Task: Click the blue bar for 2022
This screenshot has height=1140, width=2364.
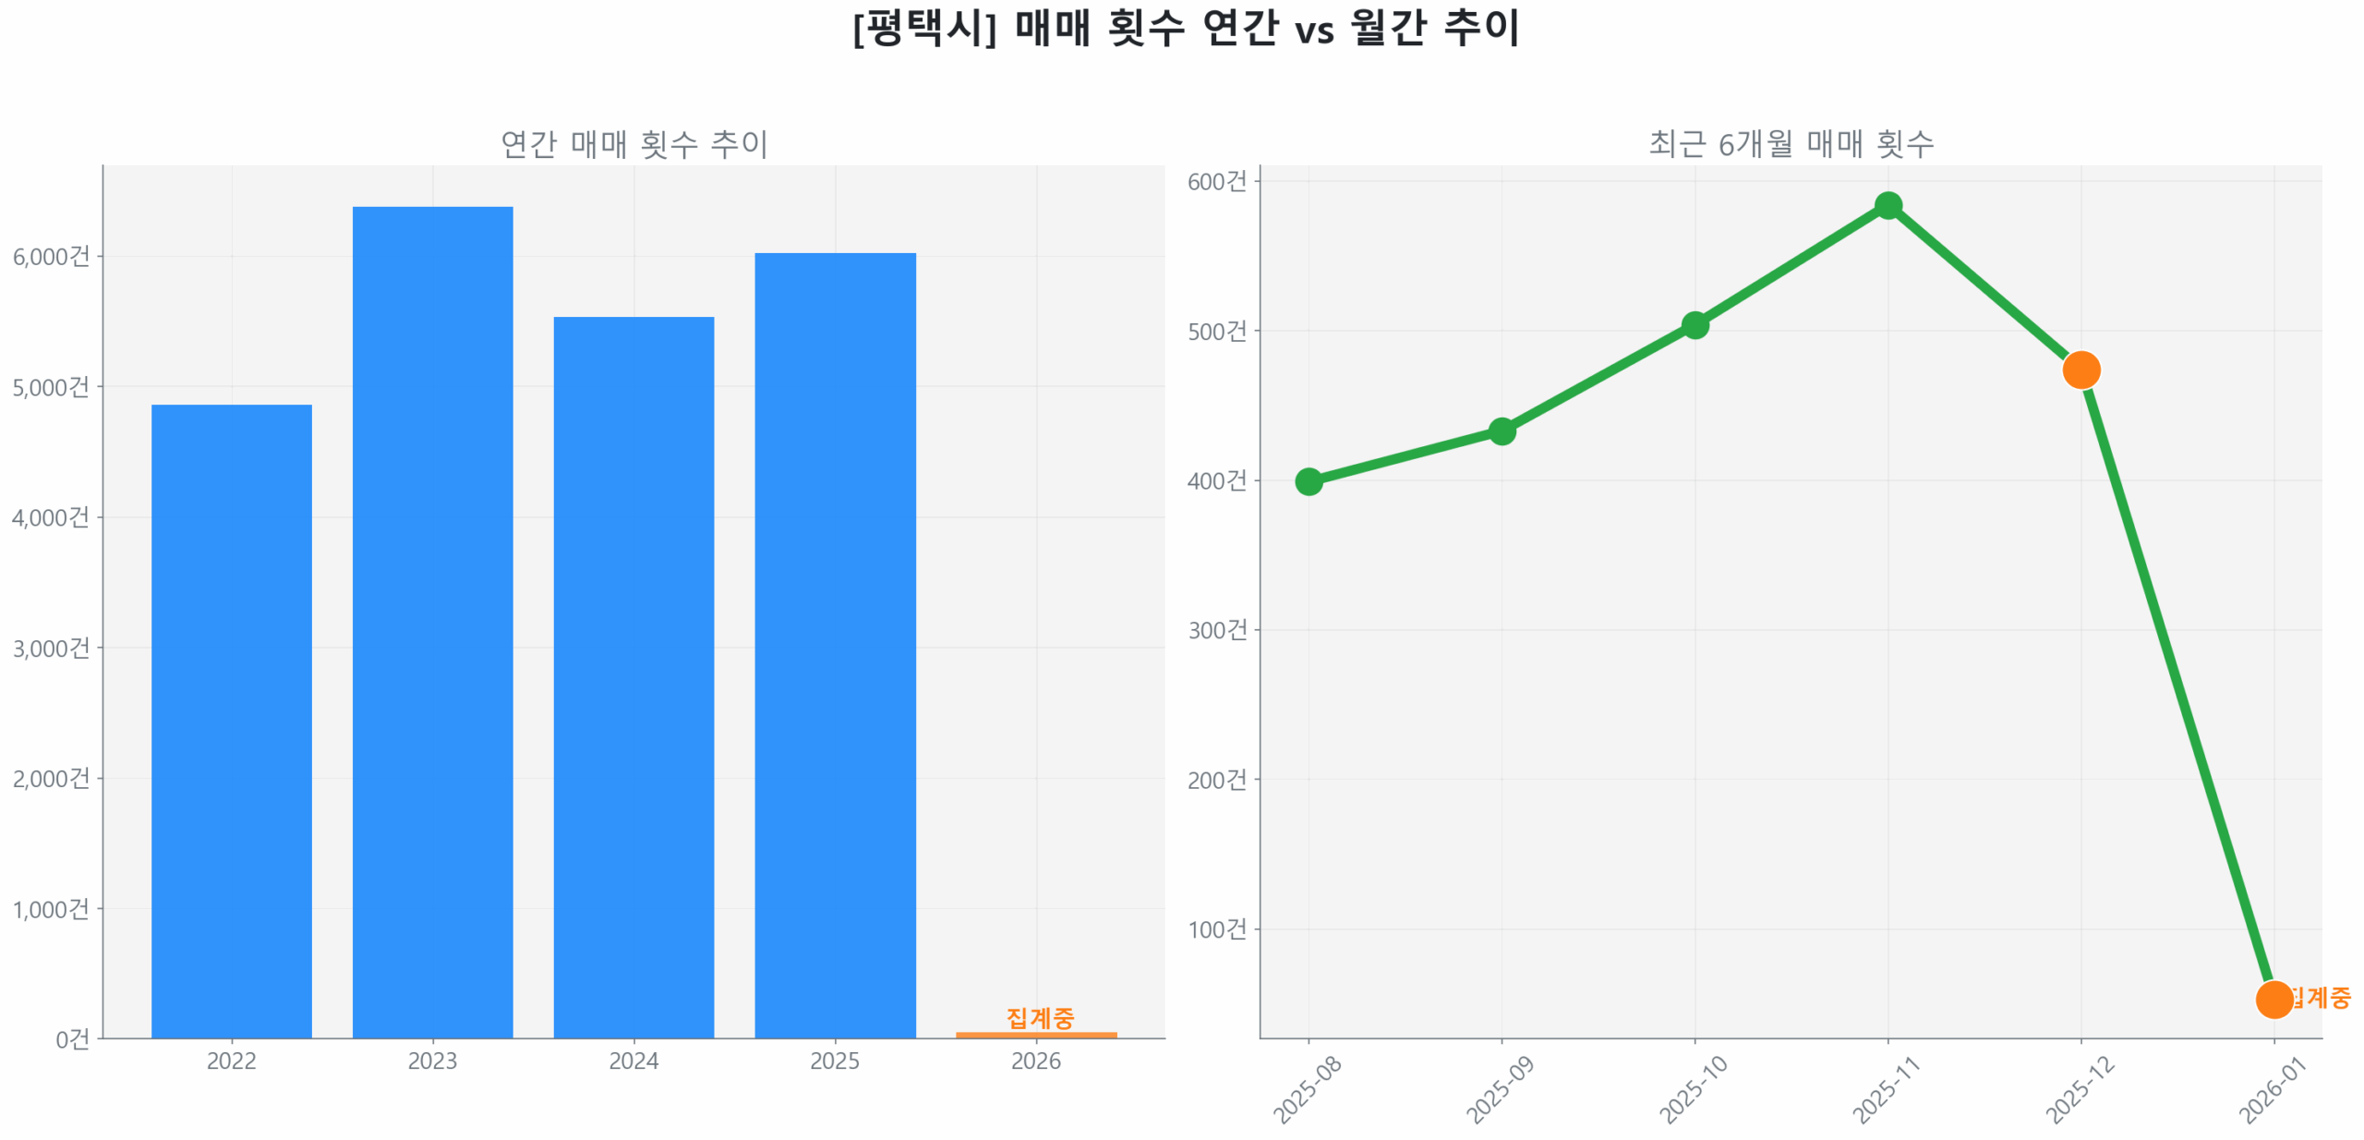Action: coord(231,721)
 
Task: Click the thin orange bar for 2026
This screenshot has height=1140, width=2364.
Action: coord(1036,1035)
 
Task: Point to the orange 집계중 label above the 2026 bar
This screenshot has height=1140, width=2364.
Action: coord(1040,1017)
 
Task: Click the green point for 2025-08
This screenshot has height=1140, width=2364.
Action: coord(1309,481)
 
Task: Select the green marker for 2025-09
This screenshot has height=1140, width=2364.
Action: coord(1502,431)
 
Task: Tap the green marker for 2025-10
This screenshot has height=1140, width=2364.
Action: coord(1695,325)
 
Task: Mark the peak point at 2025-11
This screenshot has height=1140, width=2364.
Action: coord(1888,205)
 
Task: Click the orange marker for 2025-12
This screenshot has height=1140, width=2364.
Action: coord(2081,370)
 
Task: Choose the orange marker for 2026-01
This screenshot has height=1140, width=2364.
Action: coord(2274,999)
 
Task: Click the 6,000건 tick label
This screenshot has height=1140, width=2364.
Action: coord(52,257)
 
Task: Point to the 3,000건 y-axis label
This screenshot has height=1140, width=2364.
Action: coord(52,649)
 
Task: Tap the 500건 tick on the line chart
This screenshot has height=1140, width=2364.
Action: coord(1217,331)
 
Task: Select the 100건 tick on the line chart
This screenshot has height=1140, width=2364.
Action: coord(1217,929)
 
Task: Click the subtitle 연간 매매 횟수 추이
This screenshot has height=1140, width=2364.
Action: coord(633,143)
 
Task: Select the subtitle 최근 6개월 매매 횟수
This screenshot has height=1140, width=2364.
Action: coord(1791,143)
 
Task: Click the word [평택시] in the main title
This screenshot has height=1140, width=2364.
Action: coord(924,28)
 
